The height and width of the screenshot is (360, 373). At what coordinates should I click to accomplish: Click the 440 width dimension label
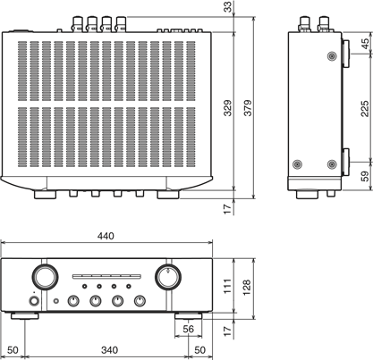point(106,236)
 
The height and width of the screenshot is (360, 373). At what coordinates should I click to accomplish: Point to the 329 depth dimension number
point(227,108)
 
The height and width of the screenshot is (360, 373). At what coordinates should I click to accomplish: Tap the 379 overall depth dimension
point(248,108)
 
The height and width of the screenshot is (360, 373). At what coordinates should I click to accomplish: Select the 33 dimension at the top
point(227,7)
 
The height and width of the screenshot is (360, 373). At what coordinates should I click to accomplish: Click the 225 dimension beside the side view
point(365,109)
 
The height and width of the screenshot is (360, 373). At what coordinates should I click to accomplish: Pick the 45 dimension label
point(365,44)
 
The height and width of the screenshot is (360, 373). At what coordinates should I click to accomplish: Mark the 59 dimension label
point(365,176)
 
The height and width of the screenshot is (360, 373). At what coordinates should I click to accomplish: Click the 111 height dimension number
point(227,287)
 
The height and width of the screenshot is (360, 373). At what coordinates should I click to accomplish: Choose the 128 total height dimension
point(247,288)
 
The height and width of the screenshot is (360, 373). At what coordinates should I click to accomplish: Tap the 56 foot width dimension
point(188,329)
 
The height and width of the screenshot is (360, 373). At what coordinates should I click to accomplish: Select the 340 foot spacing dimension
point(109,350)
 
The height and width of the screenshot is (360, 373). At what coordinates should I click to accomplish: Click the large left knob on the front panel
point(46,277)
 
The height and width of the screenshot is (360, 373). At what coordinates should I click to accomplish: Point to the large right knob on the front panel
point(168,277)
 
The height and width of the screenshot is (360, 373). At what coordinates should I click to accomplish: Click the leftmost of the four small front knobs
point(73,301)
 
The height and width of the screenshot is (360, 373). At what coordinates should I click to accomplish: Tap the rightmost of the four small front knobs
point(140,301)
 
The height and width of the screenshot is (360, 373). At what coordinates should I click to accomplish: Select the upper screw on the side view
point(332,56)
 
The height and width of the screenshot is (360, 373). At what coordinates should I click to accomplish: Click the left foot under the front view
point(25,316)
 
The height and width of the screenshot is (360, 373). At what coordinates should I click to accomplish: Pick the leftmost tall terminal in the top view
point(78,24)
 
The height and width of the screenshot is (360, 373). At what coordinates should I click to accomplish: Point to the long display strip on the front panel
point(106,277)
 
